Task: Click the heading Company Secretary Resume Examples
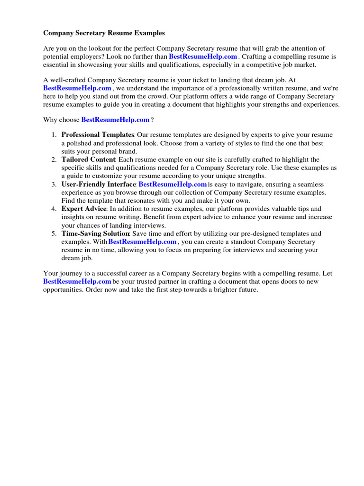pyautogui.click(x=104, y=33)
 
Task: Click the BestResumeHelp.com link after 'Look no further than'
pyautogui.click(x=203, y=56)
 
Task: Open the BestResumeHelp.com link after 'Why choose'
pyautogui.click(x=115, y=120)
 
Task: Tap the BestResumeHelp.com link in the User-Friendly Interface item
pyautogui.click(x=173, y=184)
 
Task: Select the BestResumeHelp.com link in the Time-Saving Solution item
pyautogui.click(x=142, y=242)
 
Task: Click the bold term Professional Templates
pyautogui.click(x=98, y=135)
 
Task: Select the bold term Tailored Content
pyautogui.click(x=88, y=159)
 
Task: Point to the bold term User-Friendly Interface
pyautogui.click(x=99, y=184)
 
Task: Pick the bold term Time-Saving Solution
pyautogui.click(x=95, y=234)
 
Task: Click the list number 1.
pyautogui.click(x=54, y=135)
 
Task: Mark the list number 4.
pyautogui.click(x=54, y=209)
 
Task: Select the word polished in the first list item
pyautogui.click(x=78, y=143)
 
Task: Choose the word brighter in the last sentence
pyautogui.click(x=220, y=290)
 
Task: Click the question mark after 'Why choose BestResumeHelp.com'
pyautogui.click(x=152, y=120)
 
